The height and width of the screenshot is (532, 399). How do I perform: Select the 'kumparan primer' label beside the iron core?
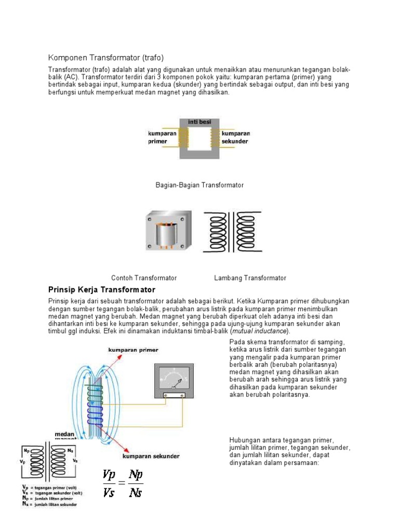coord(162,137)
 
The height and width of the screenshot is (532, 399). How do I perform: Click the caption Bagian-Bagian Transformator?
coord(199,185)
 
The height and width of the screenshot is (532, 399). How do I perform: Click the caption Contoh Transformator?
coord(144,278)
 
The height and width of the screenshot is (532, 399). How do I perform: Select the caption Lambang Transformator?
coord(250,278)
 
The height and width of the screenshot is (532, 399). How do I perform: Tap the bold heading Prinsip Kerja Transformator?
coord(102,289)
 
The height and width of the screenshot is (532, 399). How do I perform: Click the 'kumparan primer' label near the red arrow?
coord(133,350)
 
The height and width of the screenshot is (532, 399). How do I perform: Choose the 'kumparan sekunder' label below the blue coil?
coord(151,456)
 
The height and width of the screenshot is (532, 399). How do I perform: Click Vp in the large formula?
coord(110,475)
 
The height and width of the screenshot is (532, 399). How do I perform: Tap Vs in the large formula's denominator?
coord(110,491)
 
